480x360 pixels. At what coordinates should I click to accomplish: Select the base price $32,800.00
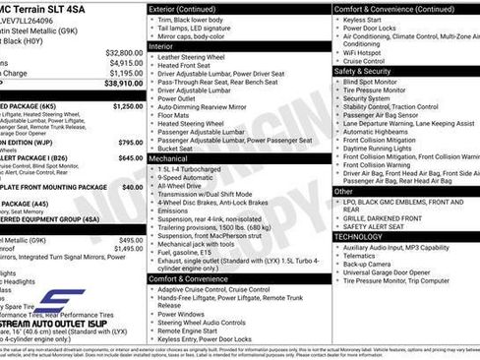tap(124, 52)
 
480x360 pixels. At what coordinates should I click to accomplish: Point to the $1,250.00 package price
tap(127, 106)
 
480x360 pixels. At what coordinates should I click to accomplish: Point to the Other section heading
tap(344, 191)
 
